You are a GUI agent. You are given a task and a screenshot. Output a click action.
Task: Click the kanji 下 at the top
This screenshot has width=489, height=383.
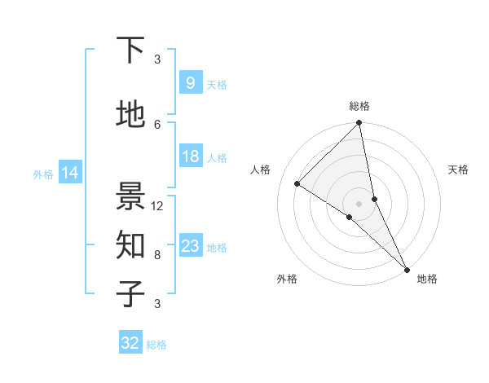130,51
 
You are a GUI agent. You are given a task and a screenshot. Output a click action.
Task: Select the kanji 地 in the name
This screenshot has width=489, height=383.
130,115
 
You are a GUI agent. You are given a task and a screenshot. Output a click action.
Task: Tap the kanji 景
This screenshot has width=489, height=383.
130,196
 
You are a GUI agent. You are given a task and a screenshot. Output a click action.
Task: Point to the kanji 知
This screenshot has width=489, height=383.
130,244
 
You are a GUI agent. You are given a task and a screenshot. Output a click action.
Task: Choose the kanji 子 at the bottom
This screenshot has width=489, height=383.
130,293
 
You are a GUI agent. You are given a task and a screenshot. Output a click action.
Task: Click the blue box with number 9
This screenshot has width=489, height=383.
190,82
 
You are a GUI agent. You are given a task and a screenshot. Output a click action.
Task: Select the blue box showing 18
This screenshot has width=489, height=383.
190,156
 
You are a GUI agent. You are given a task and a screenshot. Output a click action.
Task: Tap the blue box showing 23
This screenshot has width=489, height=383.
190,246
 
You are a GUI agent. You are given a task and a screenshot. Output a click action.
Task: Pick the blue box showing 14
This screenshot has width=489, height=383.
69,173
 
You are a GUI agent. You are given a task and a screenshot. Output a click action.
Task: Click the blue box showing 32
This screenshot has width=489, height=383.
130,343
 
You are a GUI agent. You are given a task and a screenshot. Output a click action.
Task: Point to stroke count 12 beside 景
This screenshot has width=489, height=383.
158,206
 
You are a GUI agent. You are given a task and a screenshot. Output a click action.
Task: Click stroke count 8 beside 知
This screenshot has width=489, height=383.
157,255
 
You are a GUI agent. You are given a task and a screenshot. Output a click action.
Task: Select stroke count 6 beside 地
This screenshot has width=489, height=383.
157,124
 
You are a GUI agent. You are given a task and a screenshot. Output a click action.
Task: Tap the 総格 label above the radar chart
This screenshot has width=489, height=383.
359,106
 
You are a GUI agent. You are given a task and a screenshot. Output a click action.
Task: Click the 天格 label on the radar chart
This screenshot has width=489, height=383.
459,169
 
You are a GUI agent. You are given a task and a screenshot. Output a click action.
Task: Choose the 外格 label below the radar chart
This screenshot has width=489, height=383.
287,279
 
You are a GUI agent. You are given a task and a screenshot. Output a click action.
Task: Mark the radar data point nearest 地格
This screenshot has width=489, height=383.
407,269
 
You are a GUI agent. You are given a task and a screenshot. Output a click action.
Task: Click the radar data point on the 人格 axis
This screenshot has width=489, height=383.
297,184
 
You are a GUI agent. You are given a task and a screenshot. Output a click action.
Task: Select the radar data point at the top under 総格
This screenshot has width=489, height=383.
359,123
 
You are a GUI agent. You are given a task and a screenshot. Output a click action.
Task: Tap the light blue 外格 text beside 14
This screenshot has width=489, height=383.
43,174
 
